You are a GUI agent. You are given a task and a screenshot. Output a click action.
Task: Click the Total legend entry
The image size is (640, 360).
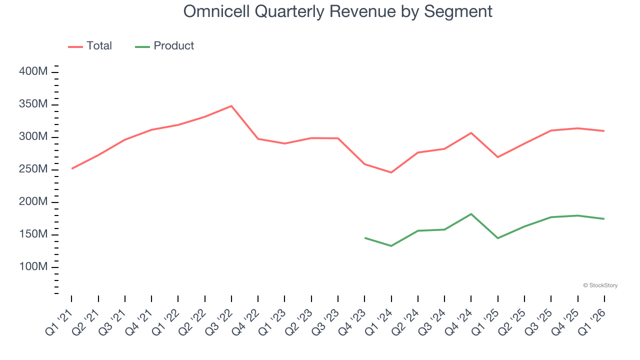(90, 46)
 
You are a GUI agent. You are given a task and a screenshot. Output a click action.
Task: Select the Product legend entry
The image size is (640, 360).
(164, 46)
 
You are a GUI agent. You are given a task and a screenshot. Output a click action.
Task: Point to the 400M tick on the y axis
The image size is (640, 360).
(33, 72)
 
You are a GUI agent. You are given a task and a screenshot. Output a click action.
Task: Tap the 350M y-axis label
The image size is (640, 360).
(33, 104)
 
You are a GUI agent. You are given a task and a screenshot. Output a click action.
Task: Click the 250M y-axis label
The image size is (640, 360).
(33, 169)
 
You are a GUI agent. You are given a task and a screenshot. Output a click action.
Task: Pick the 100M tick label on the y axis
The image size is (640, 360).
(33, 267)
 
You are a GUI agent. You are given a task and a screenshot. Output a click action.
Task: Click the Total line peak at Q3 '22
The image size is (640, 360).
(231, 106)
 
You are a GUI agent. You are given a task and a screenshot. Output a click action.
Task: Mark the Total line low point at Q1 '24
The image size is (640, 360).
(391, 172)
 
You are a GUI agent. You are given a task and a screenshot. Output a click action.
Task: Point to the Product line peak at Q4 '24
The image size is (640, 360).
(471, 214)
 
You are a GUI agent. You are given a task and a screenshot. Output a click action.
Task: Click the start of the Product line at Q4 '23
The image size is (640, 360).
(365, 238)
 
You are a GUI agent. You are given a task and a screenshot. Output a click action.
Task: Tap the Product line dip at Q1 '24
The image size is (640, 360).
(391, 246)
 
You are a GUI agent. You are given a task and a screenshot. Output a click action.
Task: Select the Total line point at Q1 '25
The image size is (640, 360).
(498, 157)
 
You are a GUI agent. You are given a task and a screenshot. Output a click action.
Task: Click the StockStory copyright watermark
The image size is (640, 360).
(600, 285)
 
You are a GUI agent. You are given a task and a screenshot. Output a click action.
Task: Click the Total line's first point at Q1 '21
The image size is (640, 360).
(71, 168)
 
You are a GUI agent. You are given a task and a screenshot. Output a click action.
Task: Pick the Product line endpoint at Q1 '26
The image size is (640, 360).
(604, 219)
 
